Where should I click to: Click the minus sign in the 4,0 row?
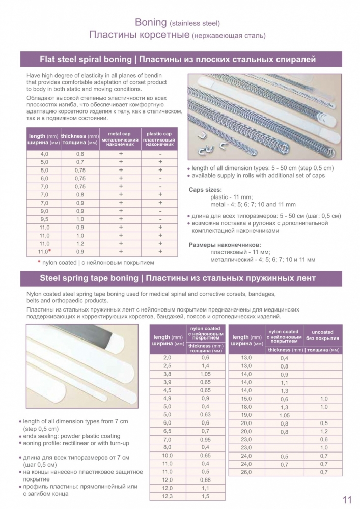tap(160, 154)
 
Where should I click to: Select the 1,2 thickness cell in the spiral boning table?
tap(80, 243)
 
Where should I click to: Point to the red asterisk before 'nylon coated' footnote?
tap(39, 262)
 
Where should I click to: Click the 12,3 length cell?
tap(167, 496)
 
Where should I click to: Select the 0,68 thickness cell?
tap(205, 479)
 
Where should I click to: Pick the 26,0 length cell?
tap(246, 472)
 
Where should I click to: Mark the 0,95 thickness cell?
tap(205, 439)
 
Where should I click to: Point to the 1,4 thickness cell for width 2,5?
tap(205, 366)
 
